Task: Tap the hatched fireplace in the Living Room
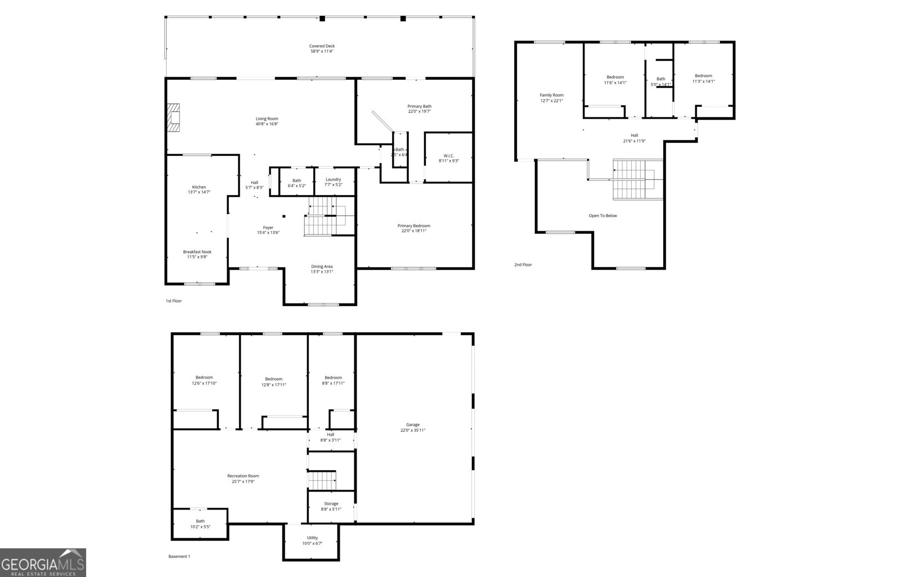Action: (175, 118)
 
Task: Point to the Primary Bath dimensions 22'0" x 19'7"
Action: (420, 111)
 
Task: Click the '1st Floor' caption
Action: (173, 301)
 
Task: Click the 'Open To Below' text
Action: (602, 215)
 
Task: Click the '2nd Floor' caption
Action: (523, 264)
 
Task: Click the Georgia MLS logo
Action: (43, 562)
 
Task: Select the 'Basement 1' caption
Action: (179, 557)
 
